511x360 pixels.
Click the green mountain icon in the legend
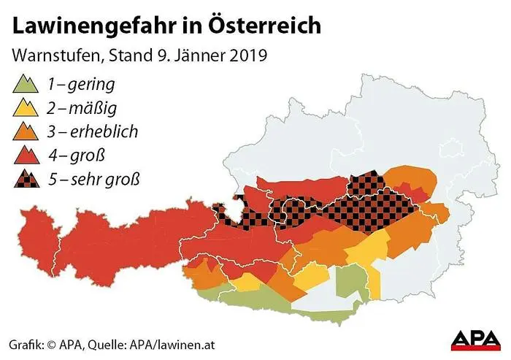pyautogui.click(x=26, y=84)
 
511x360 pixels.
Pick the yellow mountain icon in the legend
pyautogui.click(x=26, y=108)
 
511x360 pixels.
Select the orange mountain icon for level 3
pyautogui.click(x=26, y=131)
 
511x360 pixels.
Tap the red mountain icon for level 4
pyautogui.click(x=26, y=155)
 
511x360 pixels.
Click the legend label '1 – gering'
pyautogui.click(x=81, y=84)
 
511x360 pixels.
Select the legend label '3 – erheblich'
pyautogui.click(x=92, y=131)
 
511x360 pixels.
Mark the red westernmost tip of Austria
pyautogui.click(x=22, y=241)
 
